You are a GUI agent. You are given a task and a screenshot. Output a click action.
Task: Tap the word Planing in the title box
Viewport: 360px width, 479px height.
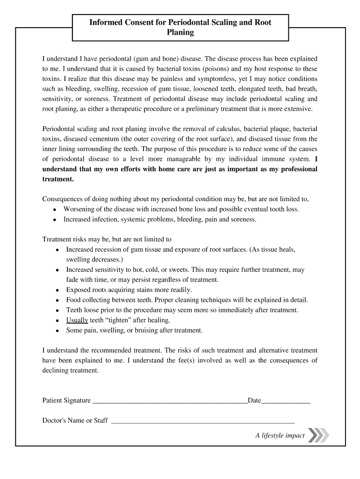(x=180, y=33)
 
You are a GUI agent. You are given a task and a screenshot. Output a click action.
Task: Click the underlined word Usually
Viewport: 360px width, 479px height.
(x=77, y=320)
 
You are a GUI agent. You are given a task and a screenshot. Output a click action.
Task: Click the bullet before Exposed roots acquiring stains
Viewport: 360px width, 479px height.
(x=57, y=290)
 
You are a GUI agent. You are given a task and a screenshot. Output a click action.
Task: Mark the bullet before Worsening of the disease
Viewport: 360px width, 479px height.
(x=55, y=209)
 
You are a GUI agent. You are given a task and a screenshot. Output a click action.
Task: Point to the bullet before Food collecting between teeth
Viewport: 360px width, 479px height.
(x=57, y=300)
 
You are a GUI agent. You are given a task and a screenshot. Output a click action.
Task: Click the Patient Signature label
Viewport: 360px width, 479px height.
(x=66, y=400)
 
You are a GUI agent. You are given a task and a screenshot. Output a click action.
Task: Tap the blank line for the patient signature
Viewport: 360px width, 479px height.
(x=170, y=402)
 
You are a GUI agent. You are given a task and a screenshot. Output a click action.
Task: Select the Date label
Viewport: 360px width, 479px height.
(x=254, y=400)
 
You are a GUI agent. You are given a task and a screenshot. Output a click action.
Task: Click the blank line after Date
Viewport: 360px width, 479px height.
(x=286, y=402)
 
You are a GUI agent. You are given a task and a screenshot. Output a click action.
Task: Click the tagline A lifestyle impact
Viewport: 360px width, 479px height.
(x=280, y=436)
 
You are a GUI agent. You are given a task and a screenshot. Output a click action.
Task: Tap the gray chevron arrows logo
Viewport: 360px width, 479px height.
(x=319, y=435)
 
